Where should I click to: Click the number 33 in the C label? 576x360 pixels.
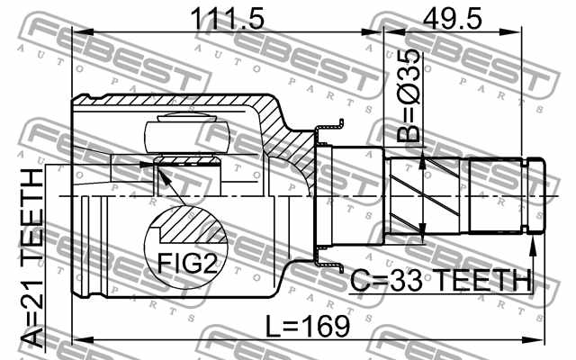[399, 281]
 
